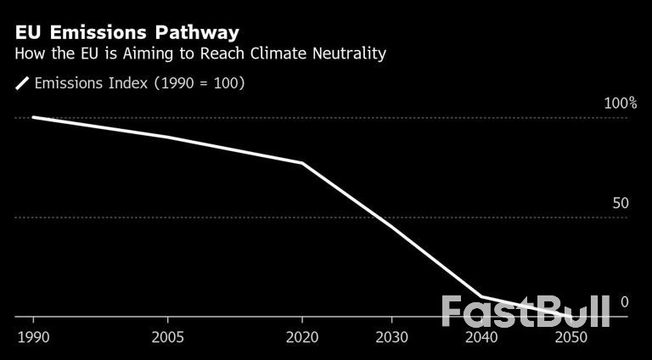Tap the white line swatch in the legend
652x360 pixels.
point(23,83)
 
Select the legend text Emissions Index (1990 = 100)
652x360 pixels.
point(139,83)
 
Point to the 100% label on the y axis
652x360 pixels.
point(620,103)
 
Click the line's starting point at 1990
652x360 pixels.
point(33,117)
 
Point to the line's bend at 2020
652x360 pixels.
point(302,162)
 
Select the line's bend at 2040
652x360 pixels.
point(481,297)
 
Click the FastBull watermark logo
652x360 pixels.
point(526,312)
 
